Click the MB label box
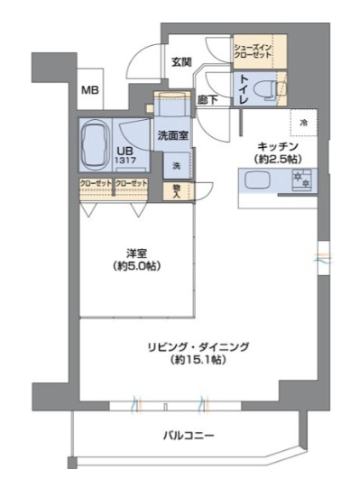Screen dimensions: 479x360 tap(90, 90)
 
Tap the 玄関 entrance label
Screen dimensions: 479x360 tap(180, 61)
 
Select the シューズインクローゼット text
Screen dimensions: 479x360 tap(253, 52)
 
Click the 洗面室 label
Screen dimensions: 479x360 tap(171, 135)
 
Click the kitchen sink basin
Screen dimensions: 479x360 tap(255, 180)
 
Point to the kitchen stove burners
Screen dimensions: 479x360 tap(301, 179)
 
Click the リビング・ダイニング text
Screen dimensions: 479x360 tap(200, 346)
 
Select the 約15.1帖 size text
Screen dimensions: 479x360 tap(200, 360)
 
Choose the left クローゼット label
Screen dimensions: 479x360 tap(96, 184)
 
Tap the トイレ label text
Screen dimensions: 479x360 tap(244, 91)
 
